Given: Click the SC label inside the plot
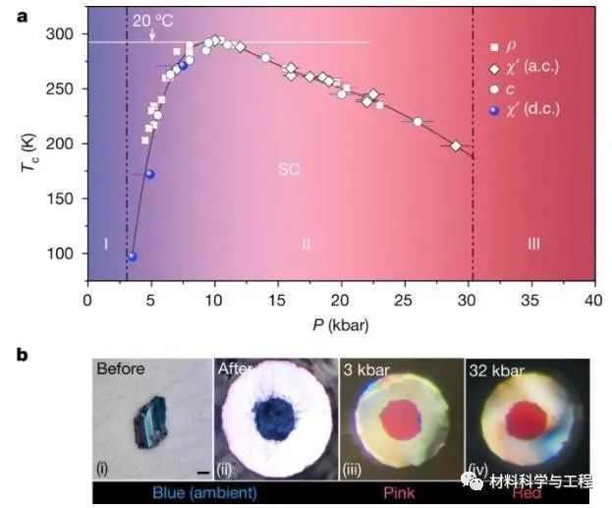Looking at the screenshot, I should click(289, 169).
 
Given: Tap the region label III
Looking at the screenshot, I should click(533, 243).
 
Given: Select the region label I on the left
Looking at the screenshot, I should click(105, 243).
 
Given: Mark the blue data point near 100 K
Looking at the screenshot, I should click(133, 256).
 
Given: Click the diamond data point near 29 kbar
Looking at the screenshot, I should click(456, 145).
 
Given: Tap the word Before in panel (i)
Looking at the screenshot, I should click(122, 369).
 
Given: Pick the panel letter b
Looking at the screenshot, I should click(23, 357).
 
